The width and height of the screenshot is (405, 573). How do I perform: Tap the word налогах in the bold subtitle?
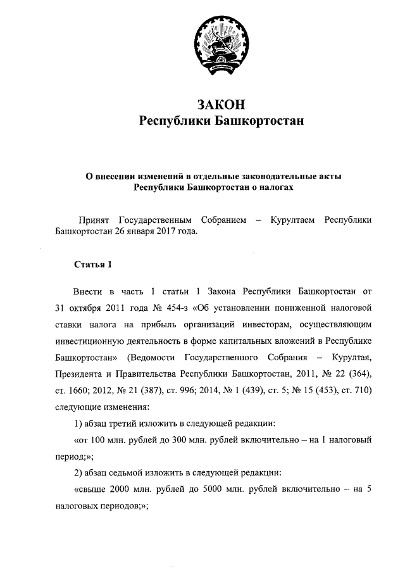[x=276, y=187]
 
